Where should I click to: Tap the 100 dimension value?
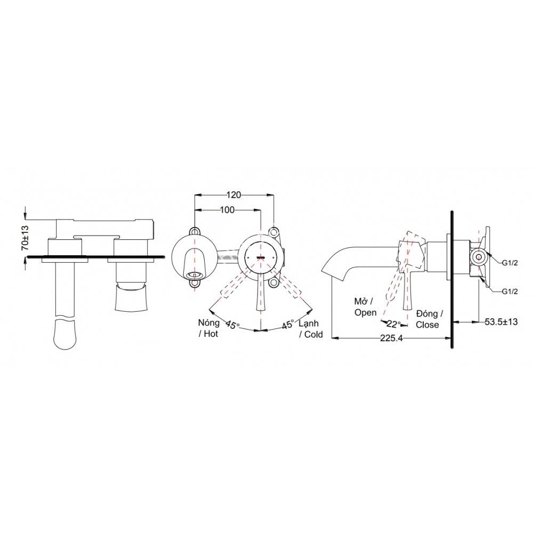click(227, 210)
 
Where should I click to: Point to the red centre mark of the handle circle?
click(261, 257)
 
